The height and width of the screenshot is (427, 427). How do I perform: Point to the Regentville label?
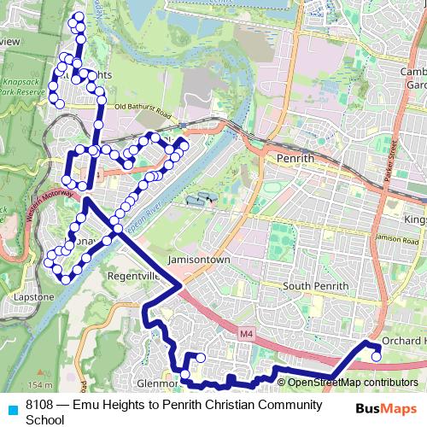(x=133, y=276)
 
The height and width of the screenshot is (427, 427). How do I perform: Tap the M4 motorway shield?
(x=247, y=332)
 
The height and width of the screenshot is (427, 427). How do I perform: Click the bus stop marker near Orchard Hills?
(x=377, y=357)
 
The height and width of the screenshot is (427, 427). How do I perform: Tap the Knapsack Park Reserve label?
(x=26, y=85)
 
